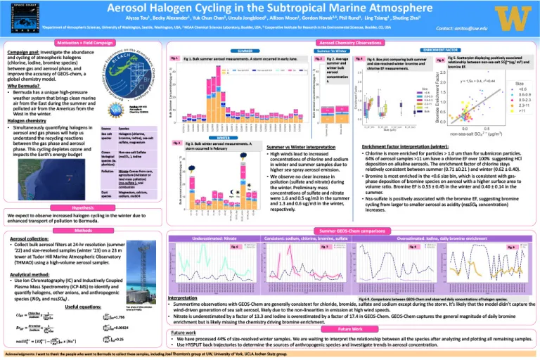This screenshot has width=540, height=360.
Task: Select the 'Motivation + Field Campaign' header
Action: pos(84,42)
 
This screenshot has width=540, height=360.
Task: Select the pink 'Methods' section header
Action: pos(84,230)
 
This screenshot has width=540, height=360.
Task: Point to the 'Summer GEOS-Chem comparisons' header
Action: pos(347,230)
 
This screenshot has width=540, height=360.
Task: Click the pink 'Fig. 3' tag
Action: pos(176,123)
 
